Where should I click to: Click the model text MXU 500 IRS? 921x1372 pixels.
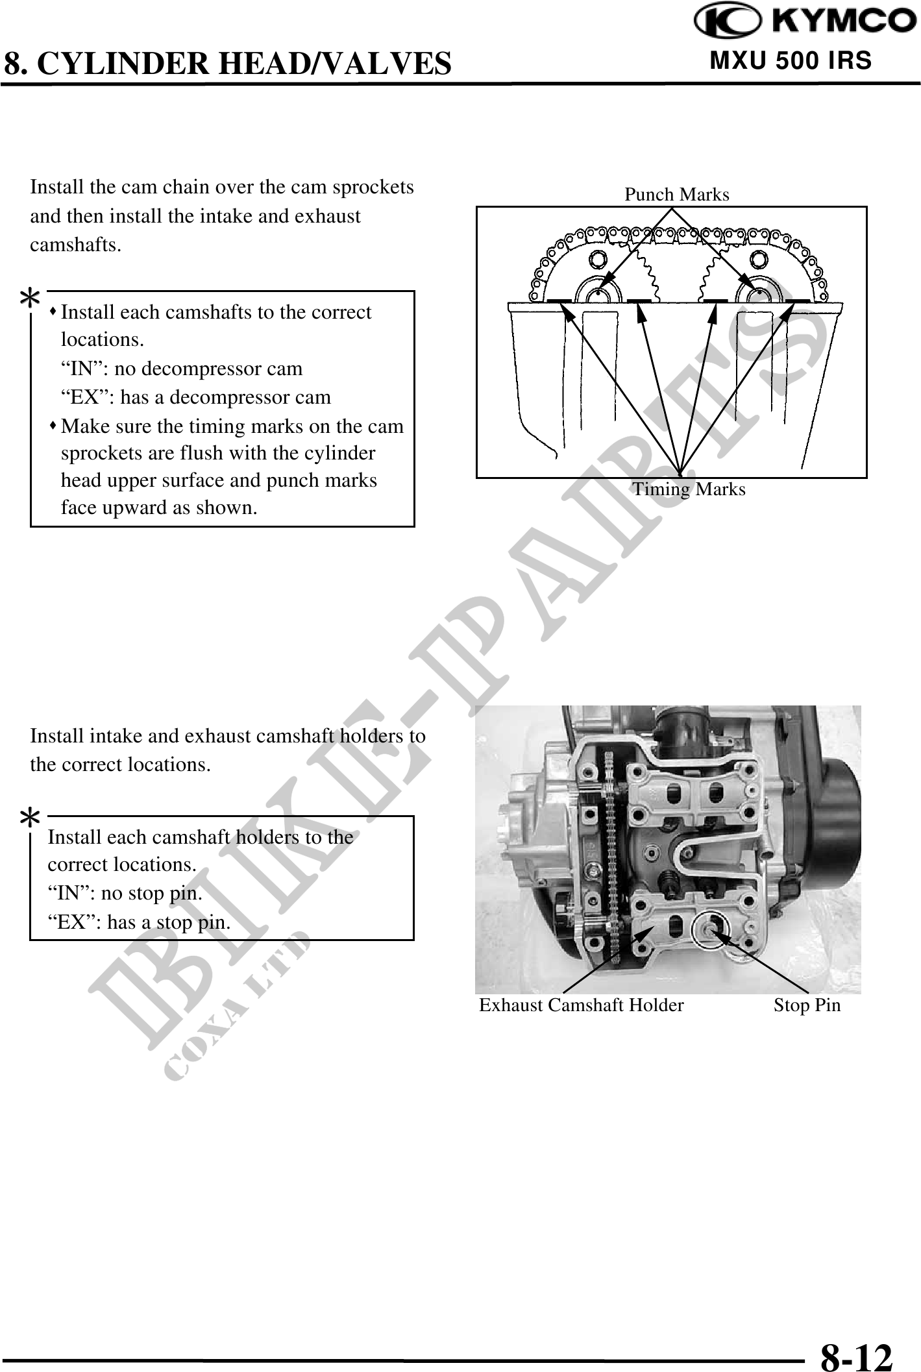(x=791, y=61)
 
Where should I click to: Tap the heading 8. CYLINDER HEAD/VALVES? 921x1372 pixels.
(x=227, y=64)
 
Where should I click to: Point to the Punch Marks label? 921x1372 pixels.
(x=676, y=195)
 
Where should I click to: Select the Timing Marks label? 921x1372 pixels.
(x=689, y=489)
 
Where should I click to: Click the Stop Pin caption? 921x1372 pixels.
(x=807, y=1005)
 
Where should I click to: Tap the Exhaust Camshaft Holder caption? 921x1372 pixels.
(x=581, y=1005)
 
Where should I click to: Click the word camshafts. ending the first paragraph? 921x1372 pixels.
(x=75, y=245)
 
